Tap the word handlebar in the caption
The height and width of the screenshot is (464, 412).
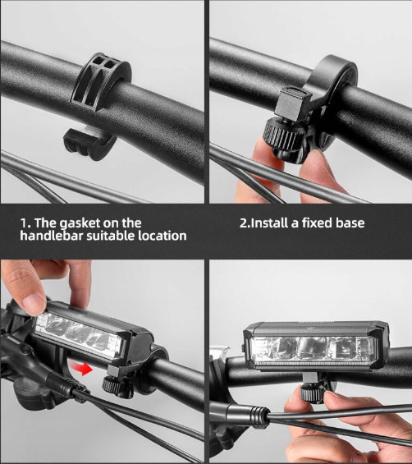tap(51, 236)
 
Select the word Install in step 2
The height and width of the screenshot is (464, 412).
tap(270, 223)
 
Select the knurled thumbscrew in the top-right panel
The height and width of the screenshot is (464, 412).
tap(281, 136)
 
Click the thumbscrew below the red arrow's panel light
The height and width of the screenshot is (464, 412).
tap(113, 385)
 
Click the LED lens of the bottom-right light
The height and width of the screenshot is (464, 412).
tap(313, 351)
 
